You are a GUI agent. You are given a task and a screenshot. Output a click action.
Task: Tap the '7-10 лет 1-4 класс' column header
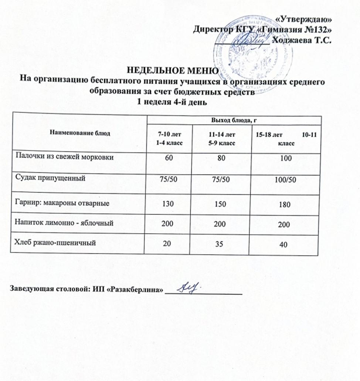tap(170, 139)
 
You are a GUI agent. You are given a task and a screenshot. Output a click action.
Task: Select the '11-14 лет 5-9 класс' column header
tap(222, 139)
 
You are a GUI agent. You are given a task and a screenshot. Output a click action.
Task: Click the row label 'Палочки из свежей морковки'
tap(64, 157)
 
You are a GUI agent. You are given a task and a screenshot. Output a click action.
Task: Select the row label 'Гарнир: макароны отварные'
tap(63, 203)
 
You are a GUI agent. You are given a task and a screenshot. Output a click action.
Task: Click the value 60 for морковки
tap(171, 158)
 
